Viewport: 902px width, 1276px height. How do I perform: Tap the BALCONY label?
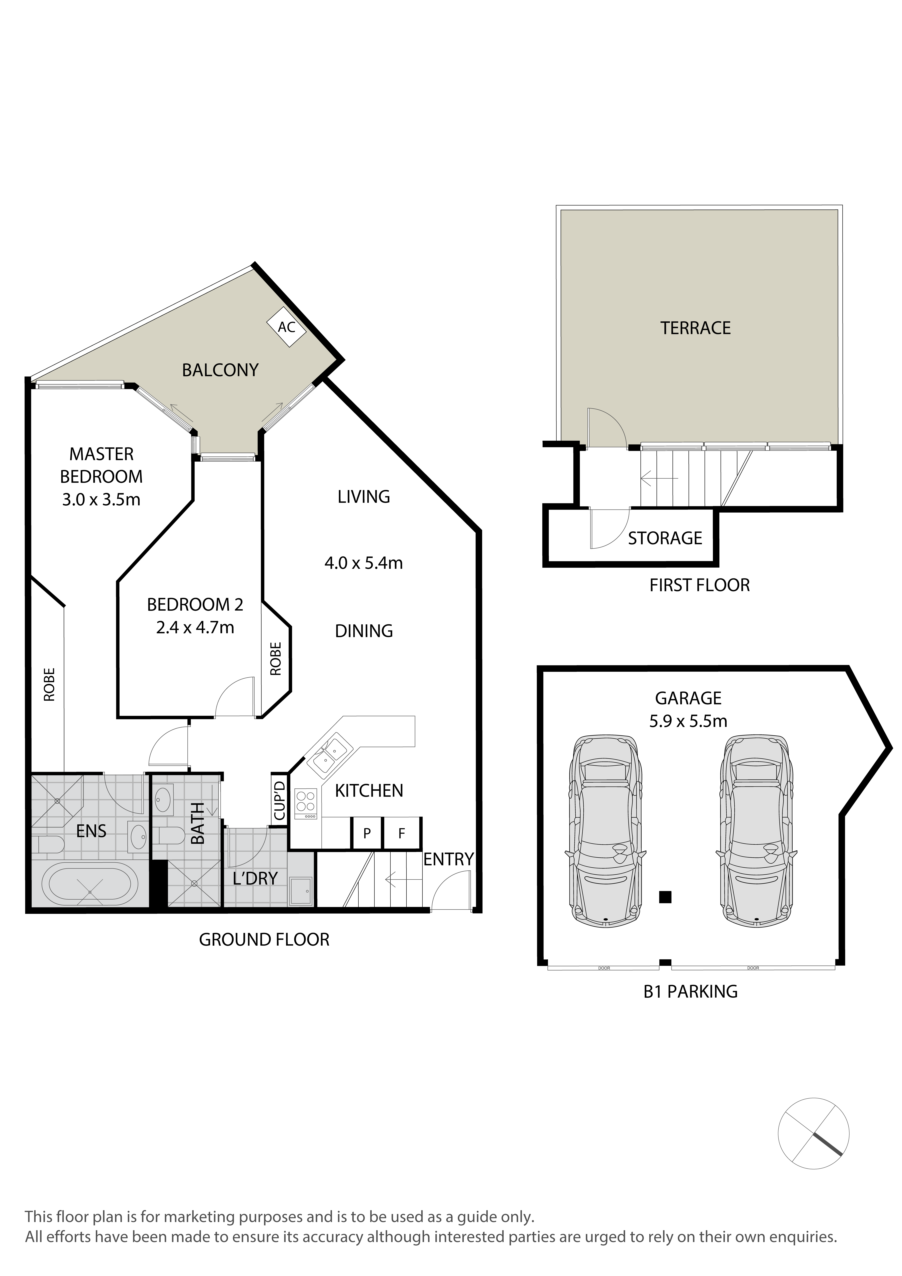220,370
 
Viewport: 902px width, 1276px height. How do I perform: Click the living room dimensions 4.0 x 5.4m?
364,563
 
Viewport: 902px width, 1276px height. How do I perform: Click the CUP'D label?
279,800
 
